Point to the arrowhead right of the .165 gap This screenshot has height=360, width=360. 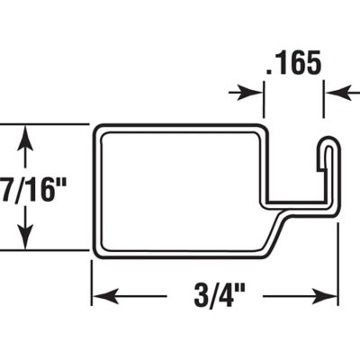click(333, 92)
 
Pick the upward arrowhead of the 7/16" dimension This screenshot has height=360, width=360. click(26, 135)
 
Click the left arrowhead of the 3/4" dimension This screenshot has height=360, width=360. click(102, 296)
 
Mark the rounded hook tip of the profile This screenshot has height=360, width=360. click(330, 144)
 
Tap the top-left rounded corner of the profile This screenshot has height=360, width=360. click(97, 127)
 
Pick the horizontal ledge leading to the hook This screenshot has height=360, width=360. click(292, 202)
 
